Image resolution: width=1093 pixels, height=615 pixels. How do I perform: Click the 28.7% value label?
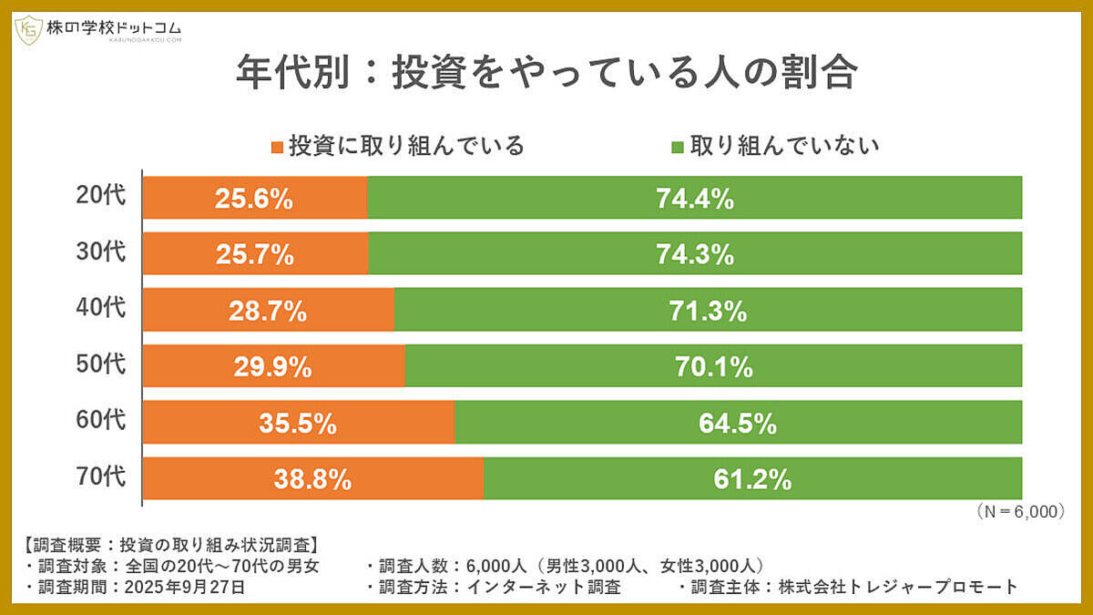tap(267, 312)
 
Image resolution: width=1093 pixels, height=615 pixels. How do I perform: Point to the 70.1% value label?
tap(713, 367)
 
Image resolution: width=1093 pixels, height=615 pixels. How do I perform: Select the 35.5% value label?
tap(298, 424)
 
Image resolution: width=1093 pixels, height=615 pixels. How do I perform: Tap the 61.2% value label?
tap(752, 479)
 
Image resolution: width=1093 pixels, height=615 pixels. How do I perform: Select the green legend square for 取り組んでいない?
tap(678, 147)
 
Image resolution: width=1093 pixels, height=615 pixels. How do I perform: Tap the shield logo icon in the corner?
tap(28, 31)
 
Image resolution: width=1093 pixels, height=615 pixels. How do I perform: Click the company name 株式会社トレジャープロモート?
tap(897, 587)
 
